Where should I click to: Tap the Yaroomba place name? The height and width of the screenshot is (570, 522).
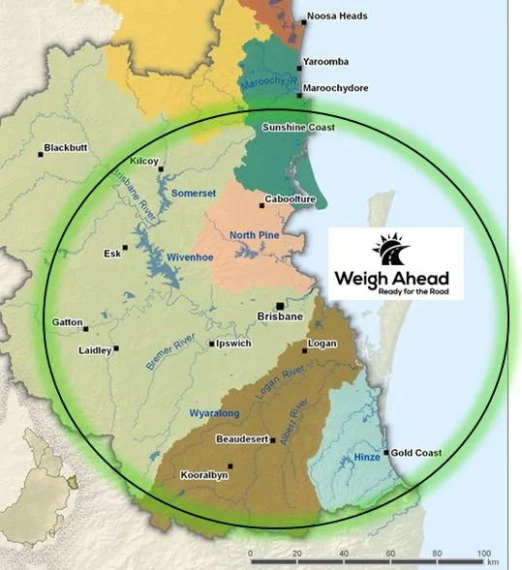tap(327, 62)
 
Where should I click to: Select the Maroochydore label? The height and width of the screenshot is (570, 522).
tap(334, 87)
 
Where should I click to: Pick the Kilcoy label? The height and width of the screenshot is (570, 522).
tap(143, 162)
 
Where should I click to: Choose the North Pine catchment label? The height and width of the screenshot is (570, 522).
tap(255, 235)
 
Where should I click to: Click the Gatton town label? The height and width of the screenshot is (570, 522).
tap(69, 321)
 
